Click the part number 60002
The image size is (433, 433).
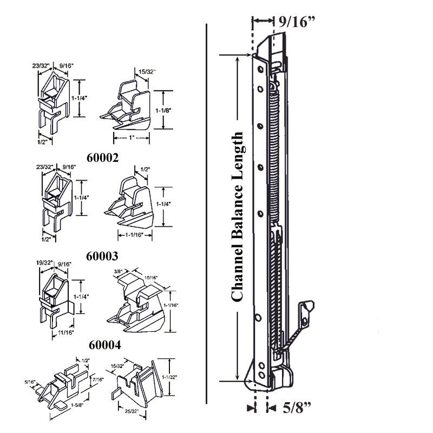[x=103, y=157]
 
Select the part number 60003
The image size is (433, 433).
[x=103, y=255]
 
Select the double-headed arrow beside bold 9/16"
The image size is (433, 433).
[x=264, y=21]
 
